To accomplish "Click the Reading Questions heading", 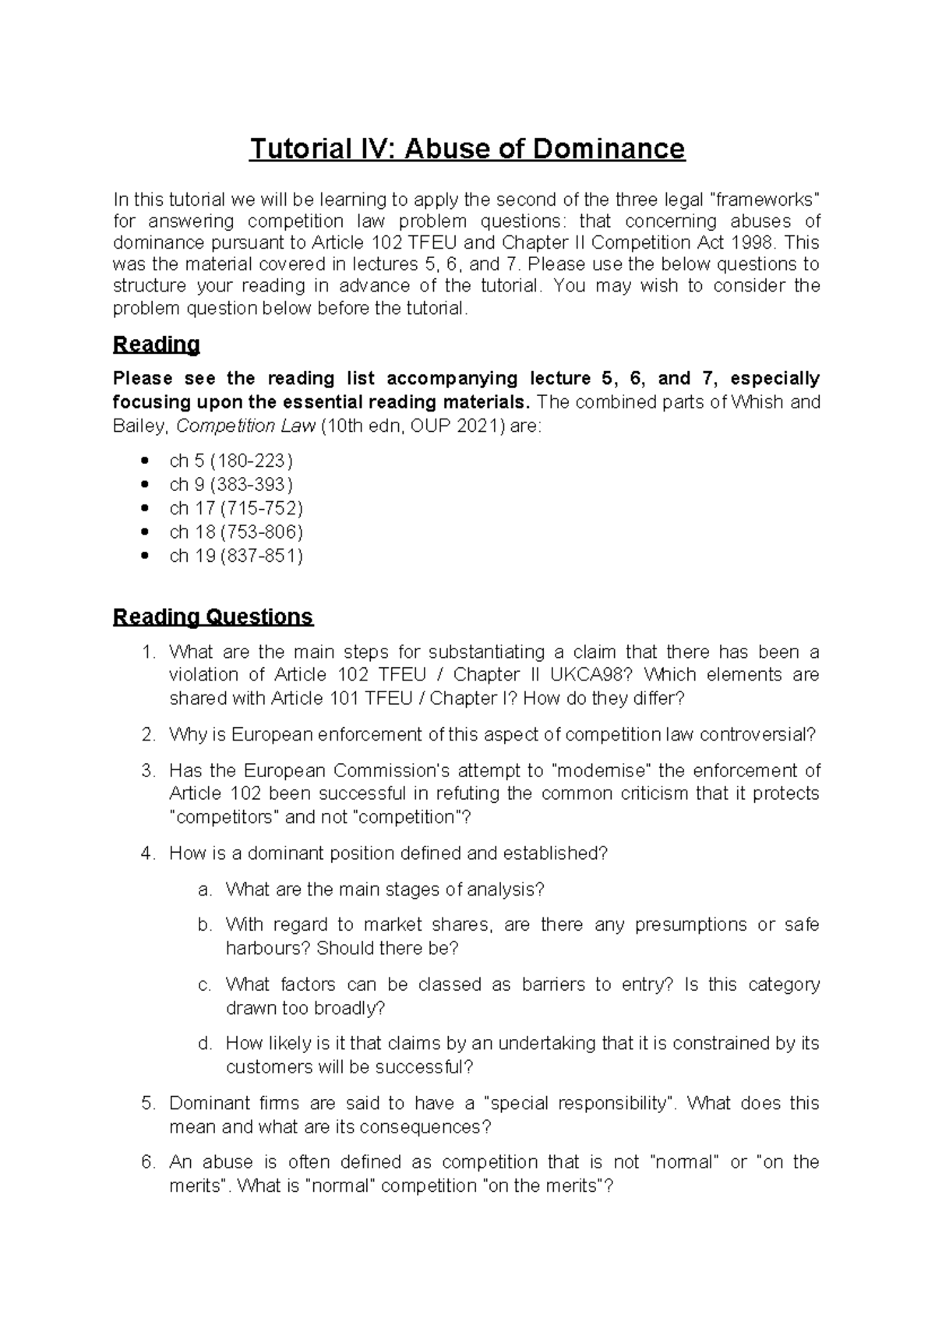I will click(x=213, y=617).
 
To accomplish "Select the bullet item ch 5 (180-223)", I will click(x=231, y=461).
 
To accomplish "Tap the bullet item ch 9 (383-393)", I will click(x=231, y=484).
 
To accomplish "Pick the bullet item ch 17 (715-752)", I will click(x=235, y=508).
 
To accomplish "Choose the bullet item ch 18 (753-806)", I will click(x=235, y=532).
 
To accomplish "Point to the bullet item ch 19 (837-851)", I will click(x=235, y=556).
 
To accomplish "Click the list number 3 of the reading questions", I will click(x=148, y=771).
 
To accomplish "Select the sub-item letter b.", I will click(x=205, y=925).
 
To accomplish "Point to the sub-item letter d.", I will click(x=205, y=1044).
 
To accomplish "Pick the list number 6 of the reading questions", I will click(x=148, y=1162).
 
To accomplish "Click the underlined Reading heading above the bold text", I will click(x=156, y=344).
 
